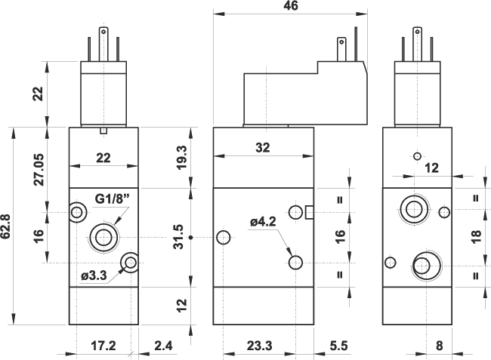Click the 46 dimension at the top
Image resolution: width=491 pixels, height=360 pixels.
292,7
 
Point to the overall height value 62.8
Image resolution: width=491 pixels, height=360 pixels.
6,226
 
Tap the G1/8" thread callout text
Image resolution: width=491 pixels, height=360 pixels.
113,198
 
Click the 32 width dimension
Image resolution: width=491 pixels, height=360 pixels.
263,148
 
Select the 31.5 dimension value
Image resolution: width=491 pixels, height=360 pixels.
179,238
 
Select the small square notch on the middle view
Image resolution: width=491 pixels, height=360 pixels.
309,212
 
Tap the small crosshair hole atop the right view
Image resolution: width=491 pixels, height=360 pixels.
415,156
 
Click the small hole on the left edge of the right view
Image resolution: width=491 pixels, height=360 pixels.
390,263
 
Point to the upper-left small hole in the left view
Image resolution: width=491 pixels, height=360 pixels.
77,213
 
